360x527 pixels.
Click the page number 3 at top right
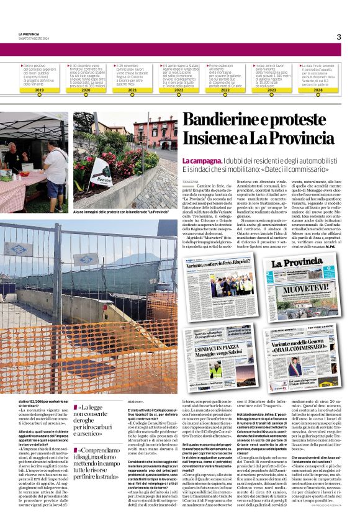coord(339,37)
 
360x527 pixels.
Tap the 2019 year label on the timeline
coord(39,90)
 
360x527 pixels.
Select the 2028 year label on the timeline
coord(318,90)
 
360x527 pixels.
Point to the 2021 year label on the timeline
coord(132,90)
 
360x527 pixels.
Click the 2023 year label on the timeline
coord(271,90)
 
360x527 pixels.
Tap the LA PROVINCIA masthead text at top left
coord(29,34)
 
